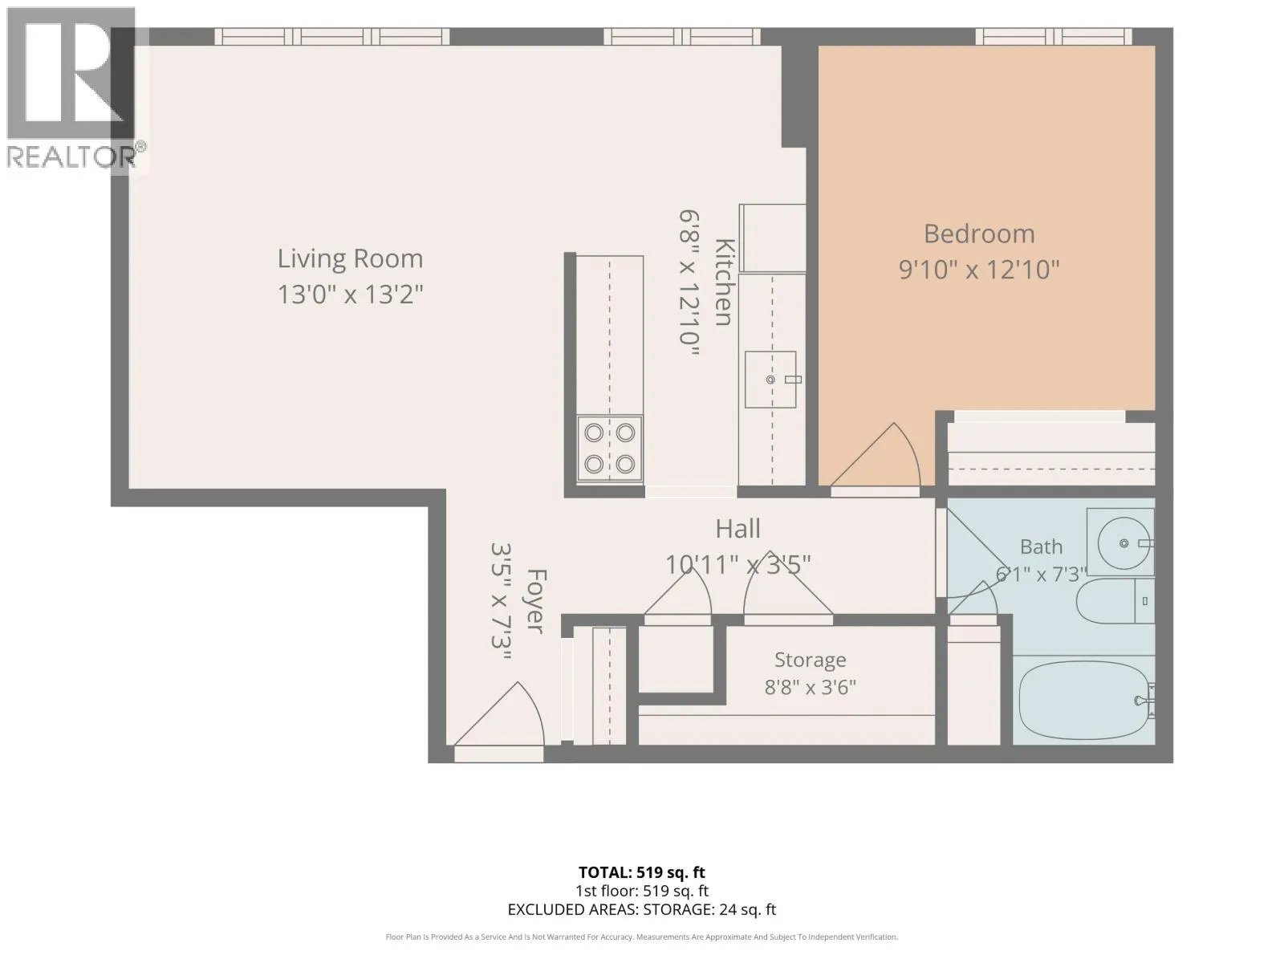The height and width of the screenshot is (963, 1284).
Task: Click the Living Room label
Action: coord(350,259)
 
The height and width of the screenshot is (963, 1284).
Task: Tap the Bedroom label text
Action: coord(979,234)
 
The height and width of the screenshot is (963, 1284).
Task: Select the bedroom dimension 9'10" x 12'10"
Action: coord(979,270)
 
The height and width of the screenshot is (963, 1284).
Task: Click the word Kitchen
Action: coord(724,282)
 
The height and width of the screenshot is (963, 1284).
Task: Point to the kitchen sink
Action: coord(770,380)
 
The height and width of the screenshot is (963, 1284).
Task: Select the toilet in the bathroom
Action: coord(1115,601)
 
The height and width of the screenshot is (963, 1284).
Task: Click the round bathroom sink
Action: coord(1121,543)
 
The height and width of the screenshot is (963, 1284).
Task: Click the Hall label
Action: coord(738,529)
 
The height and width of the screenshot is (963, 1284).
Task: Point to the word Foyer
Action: coord(536,600)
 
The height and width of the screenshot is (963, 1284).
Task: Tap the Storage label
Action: coord(811,660)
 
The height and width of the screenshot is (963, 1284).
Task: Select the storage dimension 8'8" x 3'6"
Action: coord(811,687)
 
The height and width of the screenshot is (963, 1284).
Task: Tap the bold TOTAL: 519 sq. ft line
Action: coord(642,872)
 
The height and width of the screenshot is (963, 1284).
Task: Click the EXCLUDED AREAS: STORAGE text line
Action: coord(642,909)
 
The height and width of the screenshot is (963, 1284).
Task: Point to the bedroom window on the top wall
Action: coord(1054,37)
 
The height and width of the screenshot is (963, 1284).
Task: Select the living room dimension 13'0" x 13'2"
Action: coord(350,294)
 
